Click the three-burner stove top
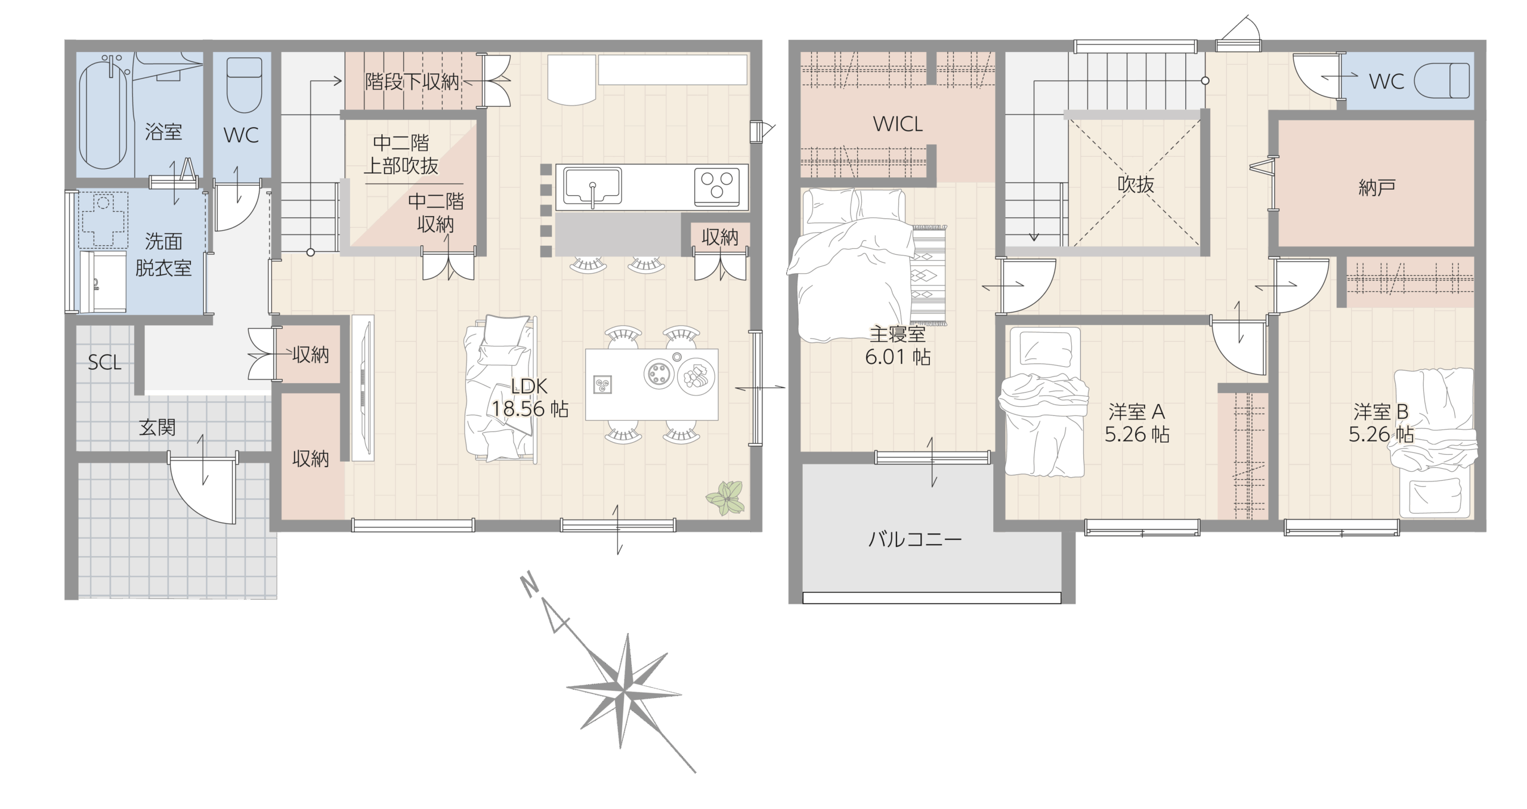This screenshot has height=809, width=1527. (716, 186)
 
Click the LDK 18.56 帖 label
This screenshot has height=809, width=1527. (530, 398)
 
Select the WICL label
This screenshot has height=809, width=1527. (898, 124)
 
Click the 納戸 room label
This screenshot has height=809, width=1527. (1377, 188)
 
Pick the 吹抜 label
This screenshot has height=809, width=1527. (1136, 184)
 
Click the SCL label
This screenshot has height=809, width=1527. (104, 362)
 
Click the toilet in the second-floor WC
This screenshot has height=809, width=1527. (1442, 81)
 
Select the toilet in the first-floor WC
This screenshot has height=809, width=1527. (245, 85)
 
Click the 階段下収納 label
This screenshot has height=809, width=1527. (412, 82)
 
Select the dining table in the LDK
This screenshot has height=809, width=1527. (651, 384)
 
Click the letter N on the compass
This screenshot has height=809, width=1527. (528, 584)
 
